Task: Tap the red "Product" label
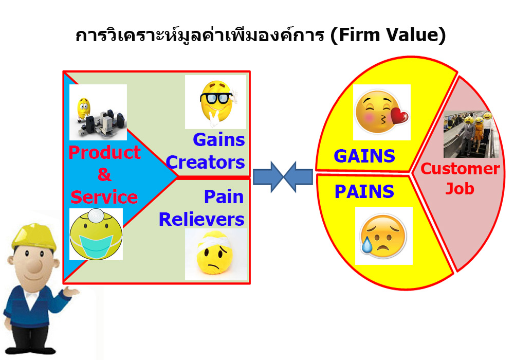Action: [x=104, y=152]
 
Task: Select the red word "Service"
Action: [x=104, y=197]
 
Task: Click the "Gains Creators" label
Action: [x=206, y=151]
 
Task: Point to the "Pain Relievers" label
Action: [x=201, y=208]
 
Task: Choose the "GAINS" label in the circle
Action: [x=364, y=156]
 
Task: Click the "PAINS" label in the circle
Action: [x=364, y=191]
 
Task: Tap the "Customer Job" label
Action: [x=460, y=178]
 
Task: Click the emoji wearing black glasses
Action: [x=217, y=102]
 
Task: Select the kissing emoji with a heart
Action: [x=381, y=112]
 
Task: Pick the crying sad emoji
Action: [x=382, y=236]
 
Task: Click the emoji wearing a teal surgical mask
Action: [x=96, y=234]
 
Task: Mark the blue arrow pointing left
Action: [x=298, y=176]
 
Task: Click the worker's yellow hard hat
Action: [x=34, y=236]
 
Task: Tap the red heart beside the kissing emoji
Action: [x=400, y=116]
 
